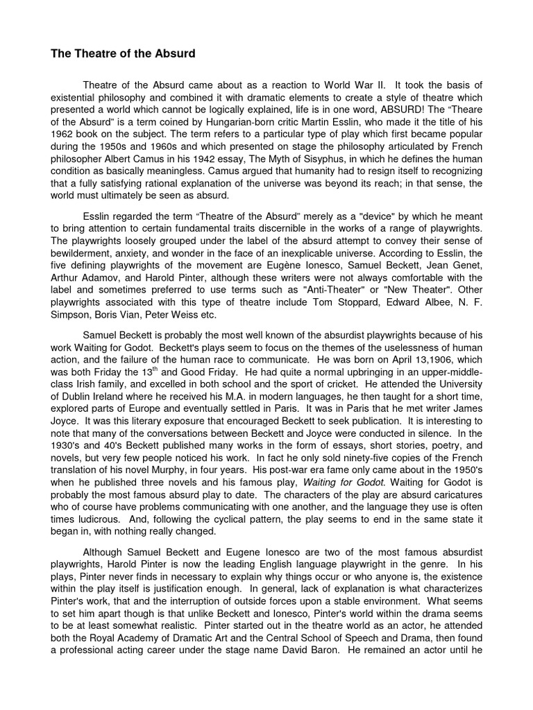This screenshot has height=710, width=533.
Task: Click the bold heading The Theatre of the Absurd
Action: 122,54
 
